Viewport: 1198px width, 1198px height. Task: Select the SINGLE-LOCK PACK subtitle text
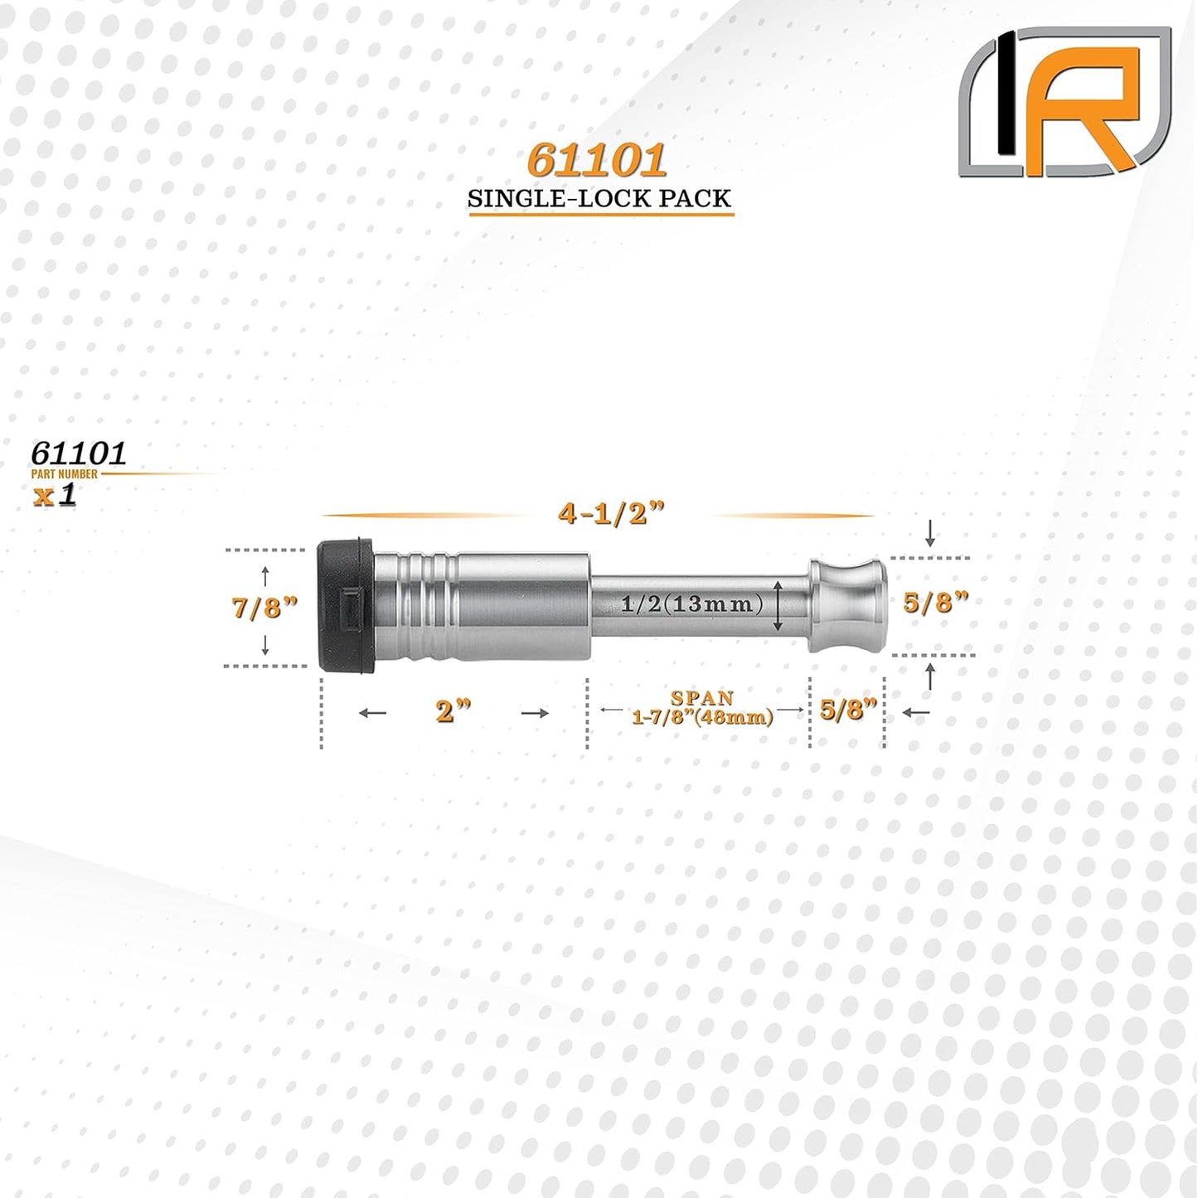(599, 199)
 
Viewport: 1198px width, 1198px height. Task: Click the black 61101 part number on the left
(79, 453)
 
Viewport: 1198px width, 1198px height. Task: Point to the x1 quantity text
(54, 495)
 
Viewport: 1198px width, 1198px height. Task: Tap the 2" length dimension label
(453, 712)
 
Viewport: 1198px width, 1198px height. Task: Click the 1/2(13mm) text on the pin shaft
(691, 604)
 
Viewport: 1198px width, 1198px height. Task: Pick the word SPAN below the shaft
(702, 698)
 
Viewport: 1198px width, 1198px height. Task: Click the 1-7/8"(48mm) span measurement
(702, 716)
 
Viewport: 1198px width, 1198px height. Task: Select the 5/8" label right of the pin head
(936, 604)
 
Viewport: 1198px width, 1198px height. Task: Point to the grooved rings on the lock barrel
(419, 605)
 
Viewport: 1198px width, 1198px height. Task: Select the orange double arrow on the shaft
(779, 605)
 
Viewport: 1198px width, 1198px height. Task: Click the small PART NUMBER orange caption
(65, 474)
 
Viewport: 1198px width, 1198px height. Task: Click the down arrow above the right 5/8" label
(930, 532)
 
